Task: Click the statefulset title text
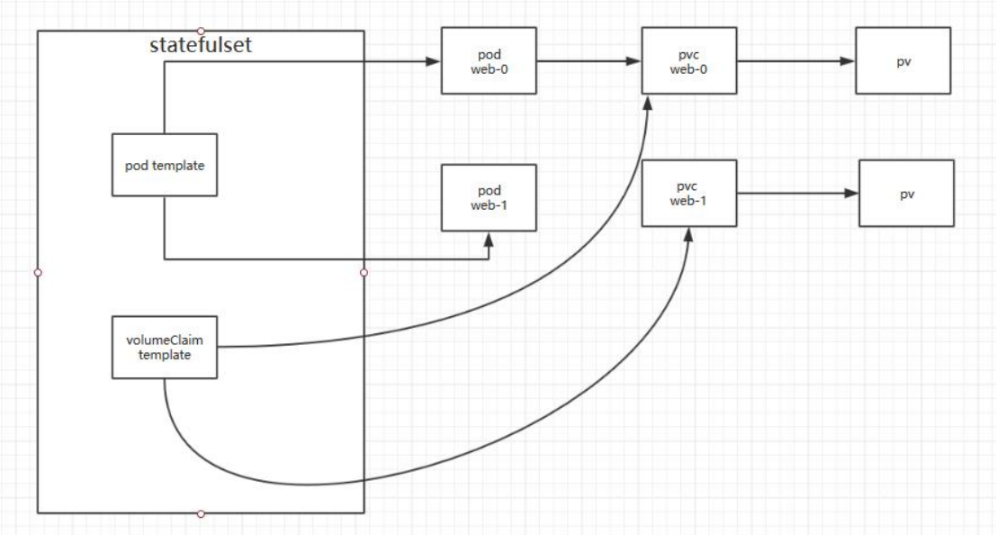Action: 201,45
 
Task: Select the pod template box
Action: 165,166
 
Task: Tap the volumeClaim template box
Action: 165,348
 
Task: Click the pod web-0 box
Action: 489,61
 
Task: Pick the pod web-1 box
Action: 489,196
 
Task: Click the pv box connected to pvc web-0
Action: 903,61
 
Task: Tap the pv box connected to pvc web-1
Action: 906,193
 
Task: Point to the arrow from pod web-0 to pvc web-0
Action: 588,61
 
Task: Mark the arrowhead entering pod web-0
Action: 433,61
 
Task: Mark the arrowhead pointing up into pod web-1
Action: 489,239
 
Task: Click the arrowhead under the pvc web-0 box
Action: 648,102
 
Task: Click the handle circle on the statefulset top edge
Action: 201,31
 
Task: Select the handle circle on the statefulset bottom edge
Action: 201,513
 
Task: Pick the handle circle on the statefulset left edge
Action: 38,272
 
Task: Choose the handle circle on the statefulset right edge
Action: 364,272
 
